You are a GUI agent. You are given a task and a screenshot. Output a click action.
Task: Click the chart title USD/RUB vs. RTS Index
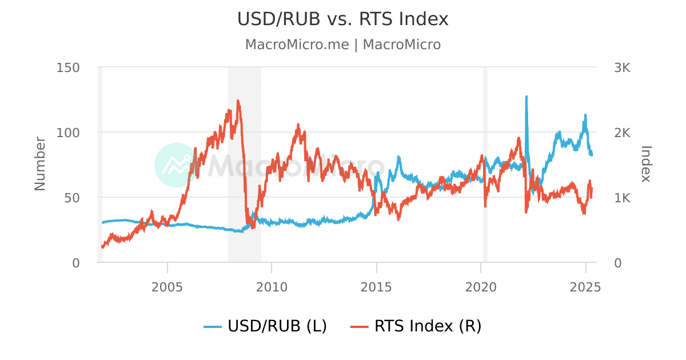[x=343, y=19]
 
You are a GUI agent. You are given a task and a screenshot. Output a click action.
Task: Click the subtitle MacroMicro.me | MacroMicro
[x=343, y=45]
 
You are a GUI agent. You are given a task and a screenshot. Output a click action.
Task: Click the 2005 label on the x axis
[x=167, y=286]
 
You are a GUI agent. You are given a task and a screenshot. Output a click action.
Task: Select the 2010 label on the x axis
[x=272, y=286]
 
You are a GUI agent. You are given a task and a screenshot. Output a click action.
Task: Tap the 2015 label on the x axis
[x=377, y=286]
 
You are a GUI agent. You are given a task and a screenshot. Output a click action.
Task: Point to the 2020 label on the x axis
[x=481, y=286]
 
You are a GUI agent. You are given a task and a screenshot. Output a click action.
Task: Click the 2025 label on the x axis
[x=586, y=286]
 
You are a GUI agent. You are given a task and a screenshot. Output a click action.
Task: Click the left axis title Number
[x=39, y=163]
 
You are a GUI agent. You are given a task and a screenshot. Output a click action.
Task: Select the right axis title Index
[x=646, y=164]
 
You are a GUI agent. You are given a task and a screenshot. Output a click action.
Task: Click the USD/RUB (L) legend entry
[x=266, y=326]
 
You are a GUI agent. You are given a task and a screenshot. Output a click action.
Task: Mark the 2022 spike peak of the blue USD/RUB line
[x=526, y=97]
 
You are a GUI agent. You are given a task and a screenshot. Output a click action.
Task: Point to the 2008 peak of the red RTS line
[x=237, y=101]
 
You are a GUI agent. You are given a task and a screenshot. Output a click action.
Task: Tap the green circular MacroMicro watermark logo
[x=177, y=165]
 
